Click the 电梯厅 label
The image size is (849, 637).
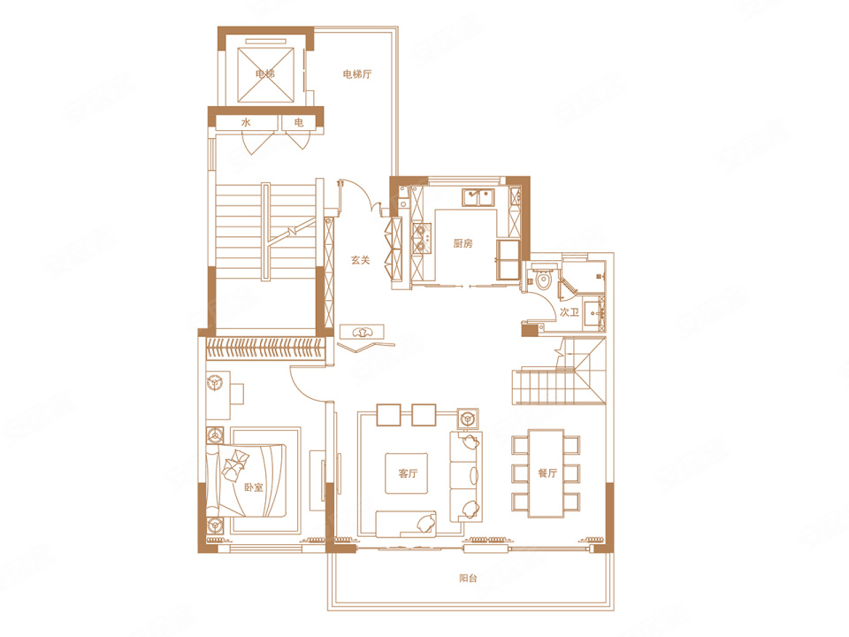(x=357, y=74)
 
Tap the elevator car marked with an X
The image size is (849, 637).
(x=266, y=74)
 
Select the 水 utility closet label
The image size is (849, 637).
(x=246, y=122)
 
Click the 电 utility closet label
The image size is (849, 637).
(x=298, y=122)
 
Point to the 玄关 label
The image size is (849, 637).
(x=360, y=260)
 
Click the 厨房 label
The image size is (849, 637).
(x=463, y=244)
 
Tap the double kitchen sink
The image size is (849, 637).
(x=478, y=197)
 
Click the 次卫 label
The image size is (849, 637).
(x=569, y=312)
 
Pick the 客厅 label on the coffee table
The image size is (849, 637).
(x=408, y=473)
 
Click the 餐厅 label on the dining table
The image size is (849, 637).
(x=547, y=472)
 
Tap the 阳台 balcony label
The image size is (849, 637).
(x=469, y=578)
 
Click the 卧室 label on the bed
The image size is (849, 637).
(x=254, y=487)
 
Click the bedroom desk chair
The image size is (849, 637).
(x=214, y=381)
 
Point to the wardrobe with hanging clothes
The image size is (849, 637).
(x=266, y=348)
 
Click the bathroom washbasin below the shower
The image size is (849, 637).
(x=595, y=313)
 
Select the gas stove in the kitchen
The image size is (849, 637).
(x=421, y=239)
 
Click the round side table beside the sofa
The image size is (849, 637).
(x=467, y=418)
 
